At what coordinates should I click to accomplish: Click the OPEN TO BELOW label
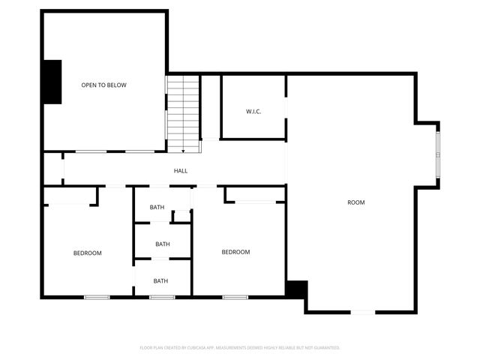coord(103,85)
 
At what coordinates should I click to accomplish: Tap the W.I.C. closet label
coord(253,112)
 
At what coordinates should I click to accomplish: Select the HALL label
coord(181,171)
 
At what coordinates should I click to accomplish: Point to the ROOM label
coord(355,202)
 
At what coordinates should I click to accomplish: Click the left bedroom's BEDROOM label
coord(87,253)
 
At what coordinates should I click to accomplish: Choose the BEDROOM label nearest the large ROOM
coord(235,252)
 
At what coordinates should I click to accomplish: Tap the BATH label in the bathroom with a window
coord(160,281)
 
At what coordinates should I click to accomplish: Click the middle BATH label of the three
coord(163,244)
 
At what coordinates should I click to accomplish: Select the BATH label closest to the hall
coord(157,207)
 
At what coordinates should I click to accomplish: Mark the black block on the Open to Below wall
coord(52,81)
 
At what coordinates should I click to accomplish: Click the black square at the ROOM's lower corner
coord(297,289)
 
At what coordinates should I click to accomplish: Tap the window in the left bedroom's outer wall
coord(97,298)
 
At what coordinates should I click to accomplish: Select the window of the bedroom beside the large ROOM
coord(235,298)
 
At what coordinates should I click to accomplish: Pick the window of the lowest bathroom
coord(161,298)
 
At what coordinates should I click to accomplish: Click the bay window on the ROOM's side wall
coord(438,152)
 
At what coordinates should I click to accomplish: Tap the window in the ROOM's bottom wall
coord(362,312)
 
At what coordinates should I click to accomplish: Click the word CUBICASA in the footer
coord(197,348)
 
